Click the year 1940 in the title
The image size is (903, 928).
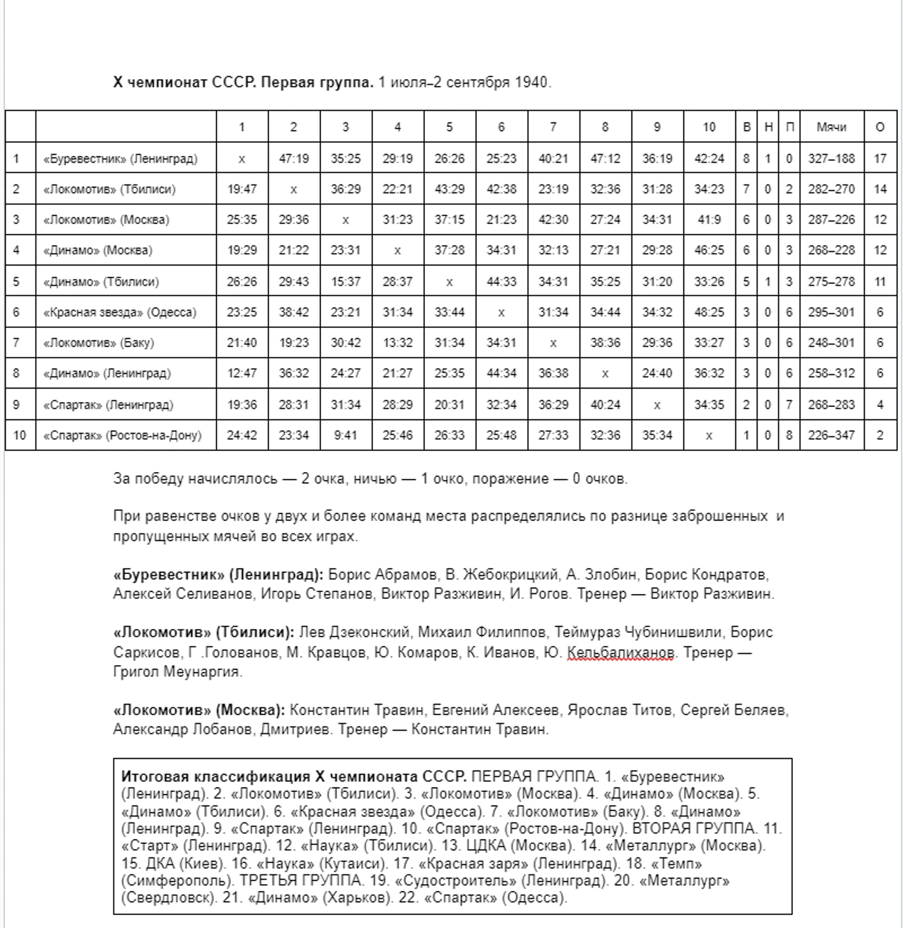tap(531, 82)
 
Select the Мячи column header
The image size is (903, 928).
tap(831, 127)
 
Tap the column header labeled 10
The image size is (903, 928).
tap(709, 127)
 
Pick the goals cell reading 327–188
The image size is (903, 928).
tap(831, 158)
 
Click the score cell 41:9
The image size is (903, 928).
tap(709, 220)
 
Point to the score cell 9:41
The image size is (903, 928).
tap(345, 435)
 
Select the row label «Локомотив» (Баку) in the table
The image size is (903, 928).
tap(98, 343)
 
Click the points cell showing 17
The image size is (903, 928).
tap(880, 158)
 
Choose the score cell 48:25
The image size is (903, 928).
tap(709, 312)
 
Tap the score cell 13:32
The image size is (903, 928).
tap(397, 343)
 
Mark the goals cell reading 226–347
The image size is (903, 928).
tap(831, 435)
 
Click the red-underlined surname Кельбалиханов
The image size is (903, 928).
tap(620, 652)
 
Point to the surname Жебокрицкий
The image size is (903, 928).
tap(510, 575)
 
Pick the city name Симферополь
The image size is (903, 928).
tap(178, 880)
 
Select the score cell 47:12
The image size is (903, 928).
tap(605, 158)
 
